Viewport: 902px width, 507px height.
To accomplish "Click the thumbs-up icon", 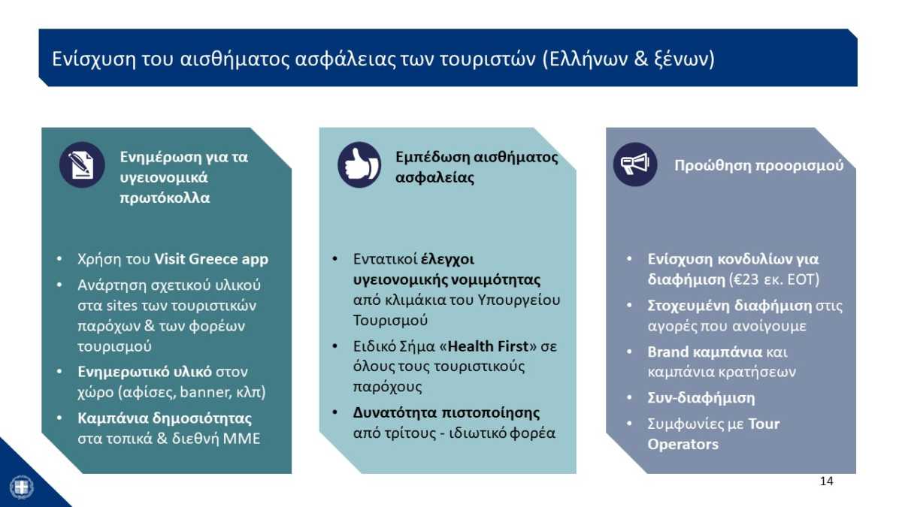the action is pos(359,164).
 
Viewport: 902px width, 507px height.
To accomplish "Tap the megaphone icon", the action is pos(635,164).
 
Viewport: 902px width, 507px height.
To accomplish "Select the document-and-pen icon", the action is pos(82,165).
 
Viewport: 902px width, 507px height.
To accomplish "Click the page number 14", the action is pos(826,481).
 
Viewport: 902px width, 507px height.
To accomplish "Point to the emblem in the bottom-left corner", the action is pos(22,487).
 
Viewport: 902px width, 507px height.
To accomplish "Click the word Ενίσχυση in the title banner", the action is pos(94,59).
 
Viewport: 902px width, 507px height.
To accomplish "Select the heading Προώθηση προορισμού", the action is pos(758,165).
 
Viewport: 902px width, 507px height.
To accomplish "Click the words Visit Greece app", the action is pos(211,259).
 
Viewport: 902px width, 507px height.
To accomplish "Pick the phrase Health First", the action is pos(488,346).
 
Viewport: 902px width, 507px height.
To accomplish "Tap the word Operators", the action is pos(683,444).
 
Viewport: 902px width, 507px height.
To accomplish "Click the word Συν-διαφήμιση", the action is pos(701,398).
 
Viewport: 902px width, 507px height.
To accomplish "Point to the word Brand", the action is pos(668,352).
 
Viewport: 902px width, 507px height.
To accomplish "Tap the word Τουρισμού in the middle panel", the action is pos(390,320).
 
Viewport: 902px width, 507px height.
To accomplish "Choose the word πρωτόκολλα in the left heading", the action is pos(165,198).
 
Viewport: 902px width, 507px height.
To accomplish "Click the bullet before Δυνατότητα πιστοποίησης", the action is pos(334,412).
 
